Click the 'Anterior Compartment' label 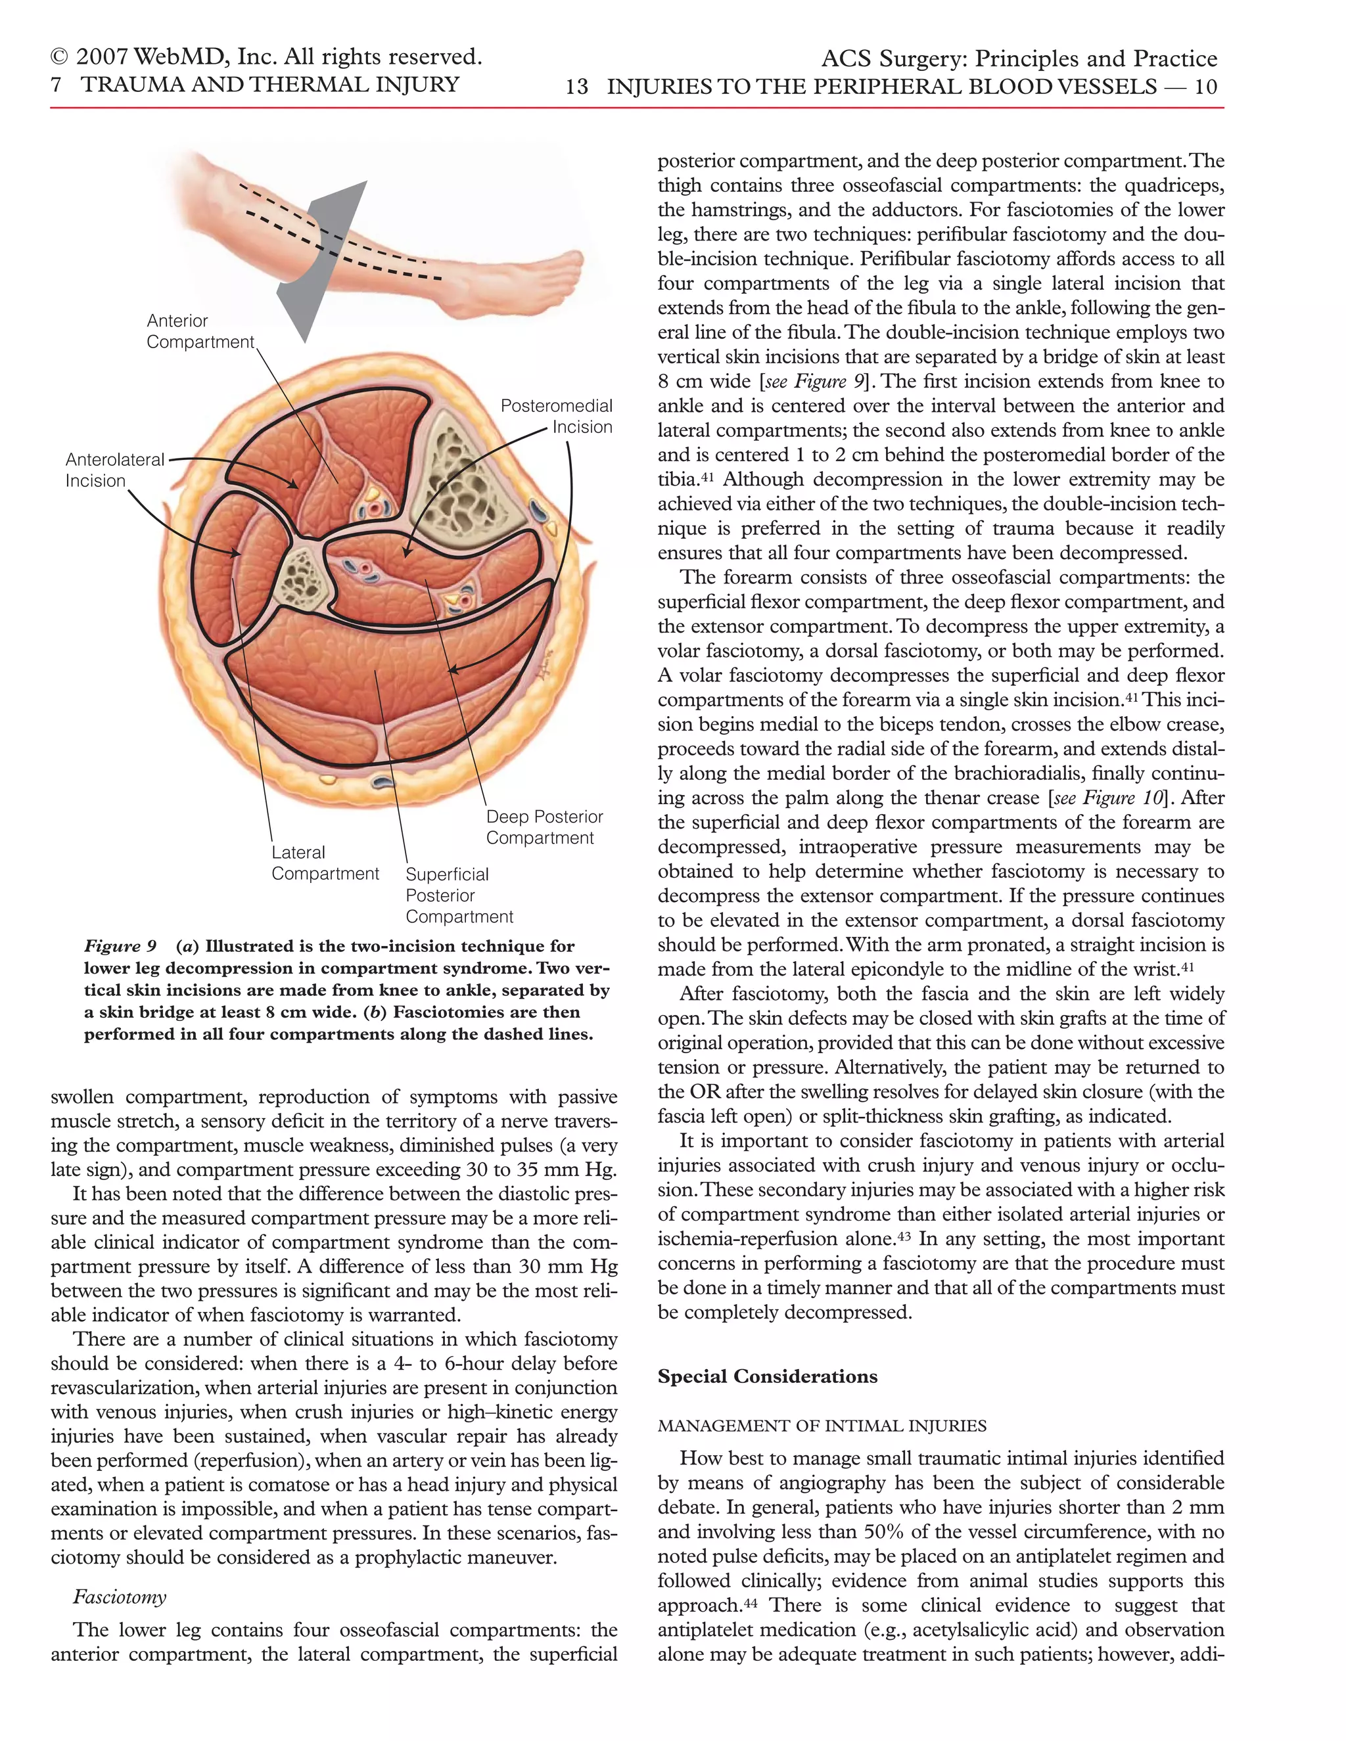point(200,332)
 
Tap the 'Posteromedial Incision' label point(557,416)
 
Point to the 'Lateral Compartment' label point(325,863)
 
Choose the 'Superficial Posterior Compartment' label point(459,895)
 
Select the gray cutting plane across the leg point(319,263)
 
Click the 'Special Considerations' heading point(767,1376)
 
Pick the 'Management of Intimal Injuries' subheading point(822,1426)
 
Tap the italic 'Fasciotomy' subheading point(120,1596)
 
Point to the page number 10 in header point(1205,87)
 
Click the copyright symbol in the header point(59,57)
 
